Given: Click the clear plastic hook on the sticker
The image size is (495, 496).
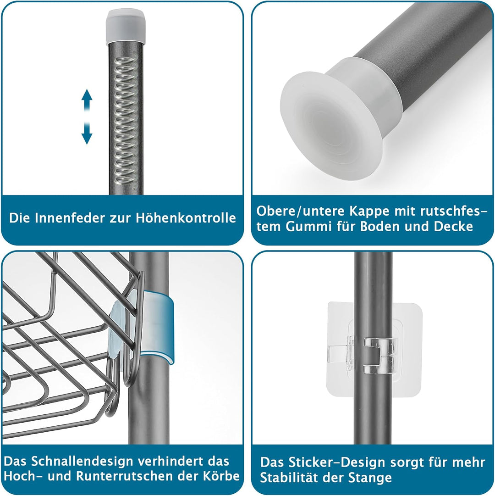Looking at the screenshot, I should coord(379,354).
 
